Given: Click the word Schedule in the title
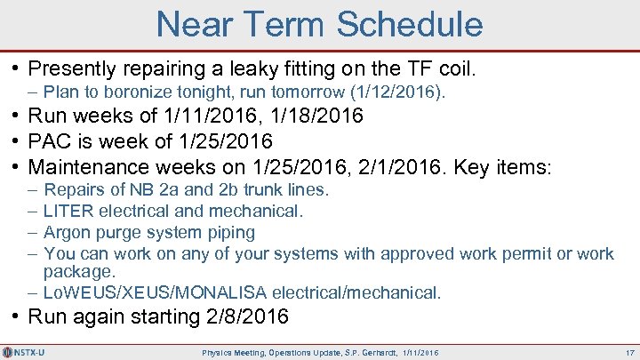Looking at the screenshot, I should [400, 24].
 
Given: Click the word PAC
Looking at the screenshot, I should [51, 141].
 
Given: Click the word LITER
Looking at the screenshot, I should [68, 211].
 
